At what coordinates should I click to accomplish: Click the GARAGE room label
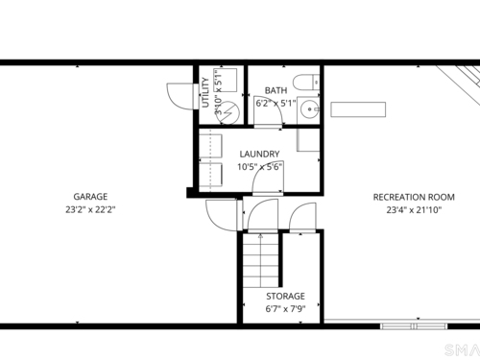[x=90, y=197]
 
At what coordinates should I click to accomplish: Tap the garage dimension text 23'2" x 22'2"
[x=90, y=210]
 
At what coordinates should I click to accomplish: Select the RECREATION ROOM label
[x=414, y=197]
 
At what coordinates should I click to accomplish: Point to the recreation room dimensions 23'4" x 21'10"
[x=414, y=210]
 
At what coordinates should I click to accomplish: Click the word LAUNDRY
[x=259, y=155]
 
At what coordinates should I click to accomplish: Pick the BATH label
[x=276, y=90]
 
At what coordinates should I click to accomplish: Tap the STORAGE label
[x=285, y=297]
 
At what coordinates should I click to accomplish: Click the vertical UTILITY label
[x=205, y=92]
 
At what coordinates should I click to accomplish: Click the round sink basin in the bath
[x=309, y=109]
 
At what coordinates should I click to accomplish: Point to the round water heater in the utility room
[x=228, y=112]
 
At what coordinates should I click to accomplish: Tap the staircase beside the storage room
[x=260, y=260]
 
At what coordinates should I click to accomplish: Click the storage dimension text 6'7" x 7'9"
[x=285, y=309]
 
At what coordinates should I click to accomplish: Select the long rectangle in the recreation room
[x=358, y=109]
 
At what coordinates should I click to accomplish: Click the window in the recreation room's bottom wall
[x=414, y=326]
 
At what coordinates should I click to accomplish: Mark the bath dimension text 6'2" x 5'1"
[x=276, y=104]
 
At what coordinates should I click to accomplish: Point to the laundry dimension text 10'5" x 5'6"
[x=259, y=167]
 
